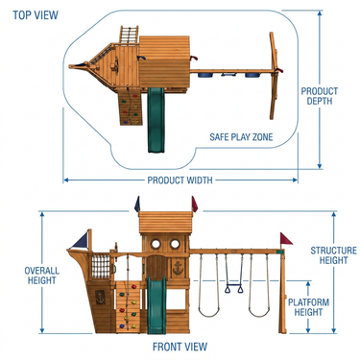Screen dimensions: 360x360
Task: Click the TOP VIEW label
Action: click(x=36, y=15)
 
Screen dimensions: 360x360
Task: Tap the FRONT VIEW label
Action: click(x=180, y=347)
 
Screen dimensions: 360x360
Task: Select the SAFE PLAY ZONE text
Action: click(x=241, y=137)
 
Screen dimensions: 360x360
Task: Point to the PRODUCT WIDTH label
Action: click(x=180, y=180)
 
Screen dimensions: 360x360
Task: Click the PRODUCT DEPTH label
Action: click(x=320, y=96)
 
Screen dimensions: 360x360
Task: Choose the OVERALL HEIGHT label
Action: click(x=42, y=276)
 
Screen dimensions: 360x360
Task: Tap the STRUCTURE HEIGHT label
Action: click(x=333, y=255)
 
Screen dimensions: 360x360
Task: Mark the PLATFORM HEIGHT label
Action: click(x=308, y=307)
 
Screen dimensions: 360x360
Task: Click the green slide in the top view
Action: click(x=156, y=120)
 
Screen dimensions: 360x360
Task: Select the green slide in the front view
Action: click(x=156, y=305)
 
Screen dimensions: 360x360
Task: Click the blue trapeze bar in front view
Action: click(x=234, y=285)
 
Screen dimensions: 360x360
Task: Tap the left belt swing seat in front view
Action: click(x=208, y=312)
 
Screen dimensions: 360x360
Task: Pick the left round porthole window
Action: click(x=156, y=244)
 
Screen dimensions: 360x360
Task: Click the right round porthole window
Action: click(x=175, y=244)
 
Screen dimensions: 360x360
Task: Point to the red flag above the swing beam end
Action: click(x=286, y=239)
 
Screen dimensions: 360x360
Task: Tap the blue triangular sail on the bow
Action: click(x=81, y=241)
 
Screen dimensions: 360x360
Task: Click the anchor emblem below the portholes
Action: click(x=178, y=268)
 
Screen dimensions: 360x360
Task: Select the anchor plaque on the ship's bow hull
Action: click(x=100, y=298)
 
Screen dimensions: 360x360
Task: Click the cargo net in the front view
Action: click(x=101, y=266)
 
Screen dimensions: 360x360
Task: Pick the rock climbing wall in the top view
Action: click(x=131, y=108)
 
